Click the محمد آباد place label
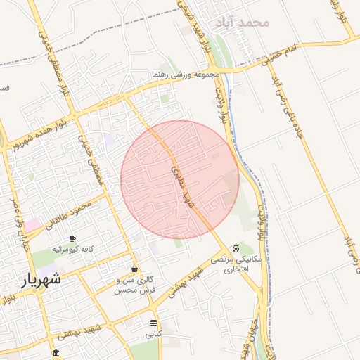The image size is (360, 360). tap(245, 22)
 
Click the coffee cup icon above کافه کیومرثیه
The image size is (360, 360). tap(72, 239)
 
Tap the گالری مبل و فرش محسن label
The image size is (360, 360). tap(134, 284)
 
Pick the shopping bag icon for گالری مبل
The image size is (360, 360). tap(134, 269)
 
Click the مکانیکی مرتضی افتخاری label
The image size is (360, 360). tap(236, 264)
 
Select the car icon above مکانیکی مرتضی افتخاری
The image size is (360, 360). tap(236, 248)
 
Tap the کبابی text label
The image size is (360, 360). tap(153, 333)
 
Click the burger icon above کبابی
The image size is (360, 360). tap(153, 323)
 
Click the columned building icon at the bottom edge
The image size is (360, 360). tap(56, 353)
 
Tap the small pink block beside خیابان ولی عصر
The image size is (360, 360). tap(33, 224)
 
